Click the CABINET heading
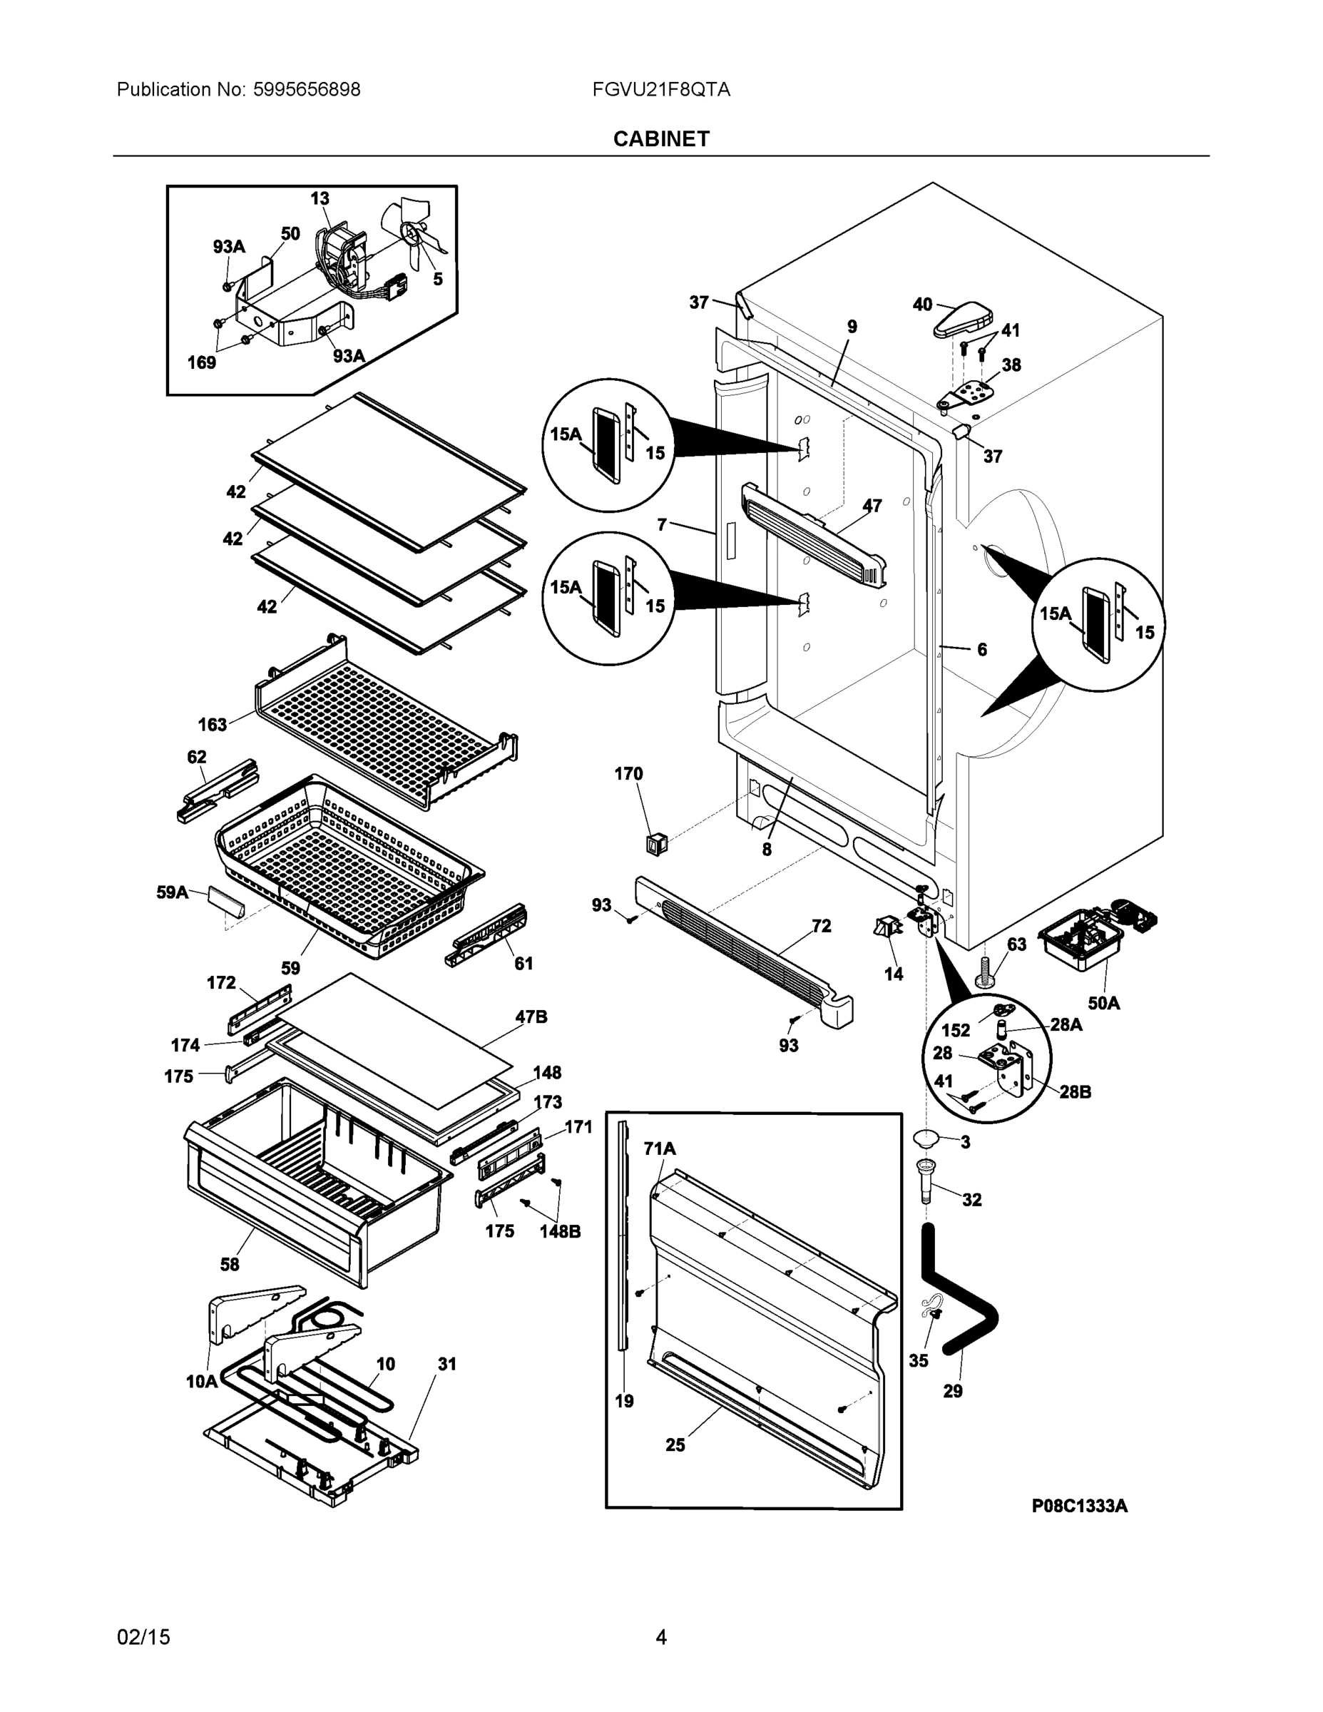(660, 139)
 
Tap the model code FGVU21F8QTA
(660, 89)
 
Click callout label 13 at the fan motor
(320, 199)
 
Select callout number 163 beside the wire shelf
(213, 724)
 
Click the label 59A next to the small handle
(173, 892)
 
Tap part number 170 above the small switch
(628, 774)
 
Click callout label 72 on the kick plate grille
(821, 926)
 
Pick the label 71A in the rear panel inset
(659, 1148)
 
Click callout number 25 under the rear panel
(675, 1444)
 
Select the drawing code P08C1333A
(1079, 1505)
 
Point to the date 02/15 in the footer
(143, 1637)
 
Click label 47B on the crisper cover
(531, 1017)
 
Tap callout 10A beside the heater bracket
(201, 1381)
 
